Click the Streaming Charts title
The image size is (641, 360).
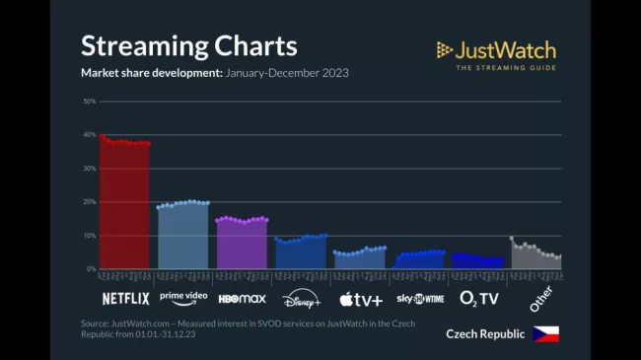[188, 46]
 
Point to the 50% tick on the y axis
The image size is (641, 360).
[90, 101]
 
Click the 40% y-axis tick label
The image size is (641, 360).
[90, 135]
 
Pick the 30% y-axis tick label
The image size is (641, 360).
[90, 169]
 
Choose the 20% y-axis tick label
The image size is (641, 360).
[90, 202]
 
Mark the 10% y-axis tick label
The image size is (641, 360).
[90, 236]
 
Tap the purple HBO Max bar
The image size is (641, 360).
[243, 244]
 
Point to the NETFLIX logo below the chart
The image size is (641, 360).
[125, 298]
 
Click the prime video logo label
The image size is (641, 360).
[183, 297]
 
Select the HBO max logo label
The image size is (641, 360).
[243, 298]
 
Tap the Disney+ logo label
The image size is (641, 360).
[302, 298]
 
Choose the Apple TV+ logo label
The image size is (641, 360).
[361, 298]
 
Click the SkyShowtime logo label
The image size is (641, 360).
[420, 298]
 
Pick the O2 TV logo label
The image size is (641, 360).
[479, 298]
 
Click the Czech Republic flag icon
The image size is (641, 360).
[545, 333]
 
